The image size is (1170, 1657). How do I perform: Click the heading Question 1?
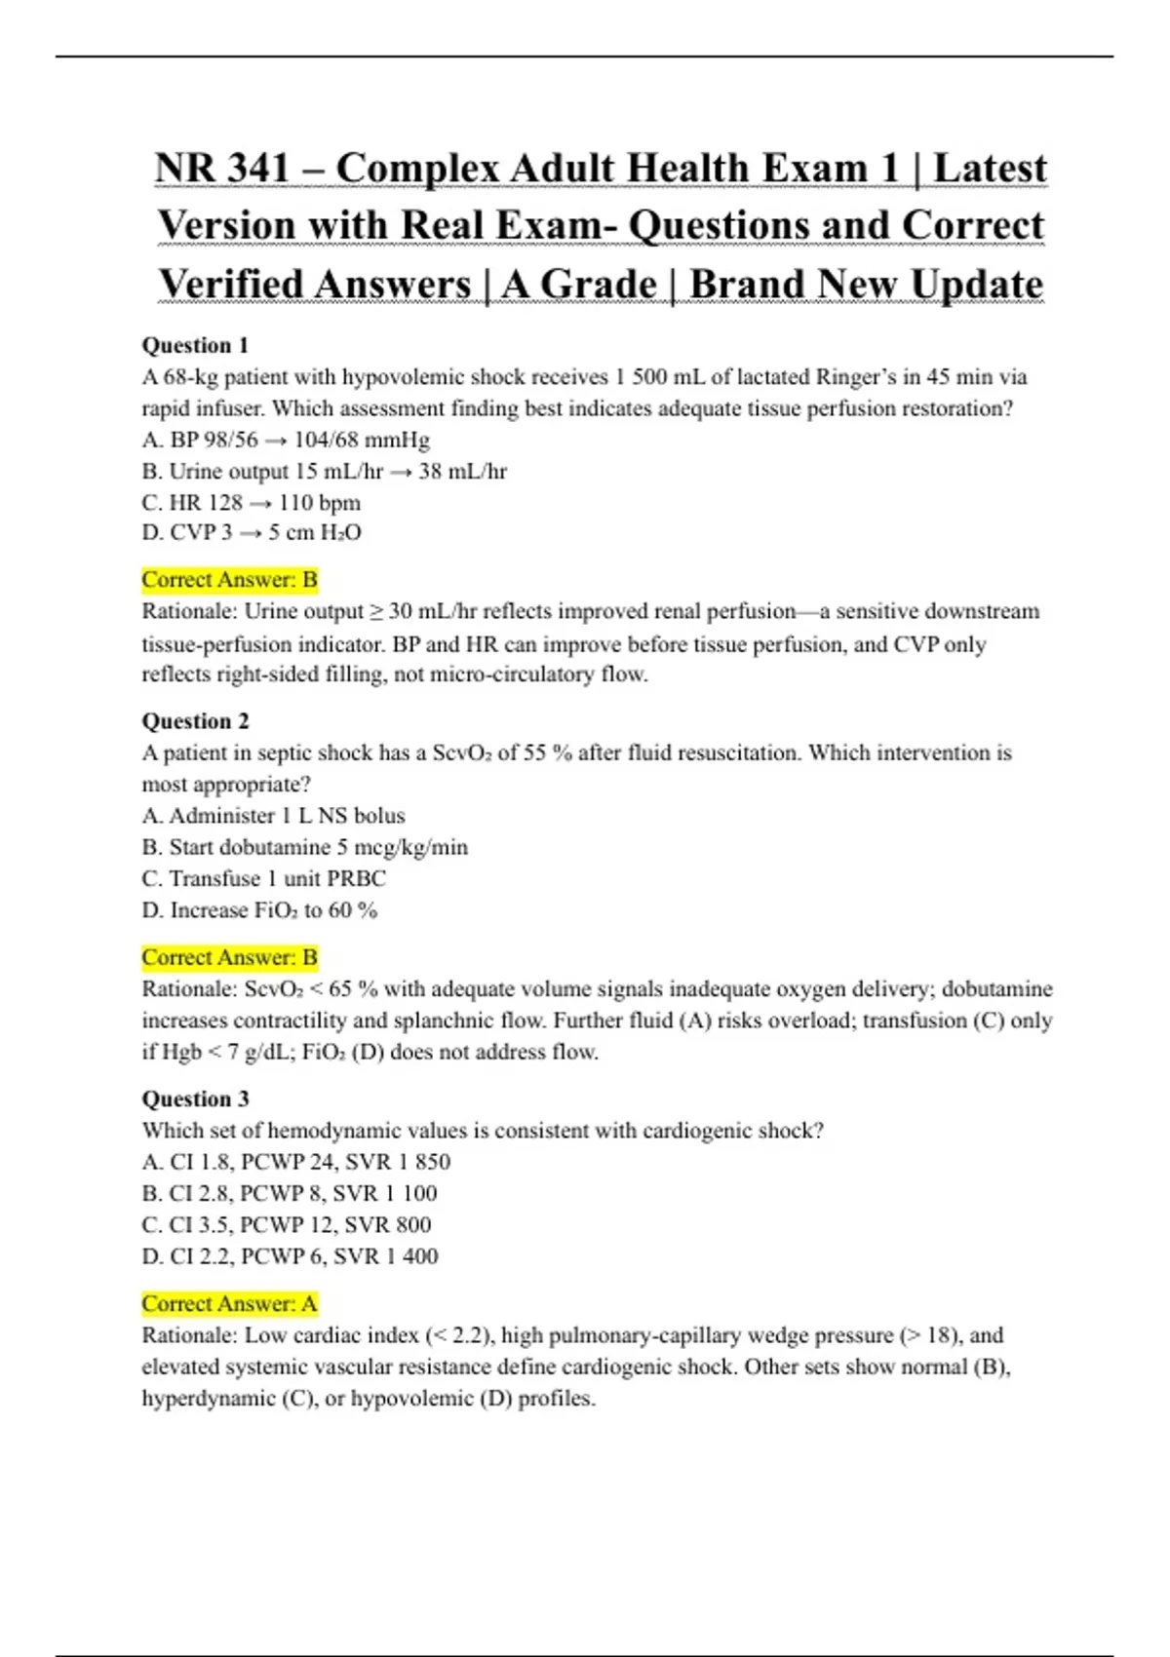point(195,345)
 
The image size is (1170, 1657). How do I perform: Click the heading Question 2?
point(195,721)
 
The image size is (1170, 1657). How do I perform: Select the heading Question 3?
point(195,1098)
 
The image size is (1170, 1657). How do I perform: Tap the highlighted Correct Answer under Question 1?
point(230,580)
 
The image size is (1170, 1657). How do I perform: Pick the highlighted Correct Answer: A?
point(230,1303)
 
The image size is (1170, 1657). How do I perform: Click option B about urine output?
point(325,472)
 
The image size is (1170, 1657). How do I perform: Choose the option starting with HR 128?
point(252,503)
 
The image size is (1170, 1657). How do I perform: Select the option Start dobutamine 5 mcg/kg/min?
point(305,847)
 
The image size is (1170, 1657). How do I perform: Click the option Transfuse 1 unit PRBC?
point(264,878)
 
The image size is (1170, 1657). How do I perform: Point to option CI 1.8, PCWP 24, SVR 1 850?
point(296,1162)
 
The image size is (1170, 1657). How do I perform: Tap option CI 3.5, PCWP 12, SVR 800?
point(287,1224)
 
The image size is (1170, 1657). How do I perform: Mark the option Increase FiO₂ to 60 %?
point(259,910)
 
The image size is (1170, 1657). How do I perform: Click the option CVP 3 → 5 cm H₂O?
point(252,533)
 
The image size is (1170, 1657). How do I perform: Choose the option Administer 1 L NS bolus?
point(274,816)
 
